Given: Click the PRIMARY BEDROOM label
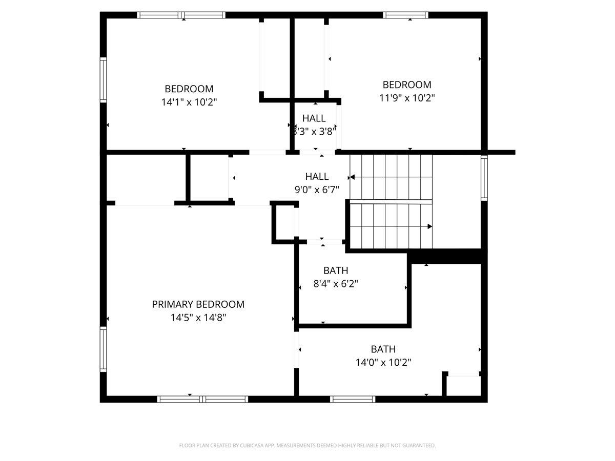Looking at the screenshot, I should [198, 304].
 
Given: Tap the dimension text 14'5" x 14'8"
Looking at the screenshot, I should [198, 318].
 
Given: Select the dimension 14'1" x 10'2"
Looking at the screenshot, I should [189, 102].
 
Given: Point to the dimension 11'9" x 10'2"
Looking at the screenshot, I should [407, 98].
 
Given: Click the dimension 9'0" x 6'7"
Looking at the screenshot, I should [317, 190].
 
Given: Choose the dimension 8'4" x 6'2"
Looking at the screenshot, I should [336, 283].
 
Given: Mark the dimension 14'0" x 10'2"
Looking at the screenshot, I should [383, 363].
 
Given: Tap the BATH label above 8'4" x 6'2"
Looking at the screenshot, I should [336, 270].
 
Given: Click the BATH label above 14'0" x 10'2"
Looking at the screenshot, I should [383, 349].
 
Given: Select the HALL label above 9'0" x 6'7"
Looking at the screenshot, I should [317, 177].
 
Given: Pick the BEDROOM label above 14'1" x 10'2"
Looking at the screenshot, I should [189, 89].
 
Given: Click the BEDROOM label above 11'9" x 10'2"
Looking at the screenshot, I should [407, 85].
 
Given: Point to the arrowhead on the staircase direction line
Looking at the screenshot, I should [429, 226].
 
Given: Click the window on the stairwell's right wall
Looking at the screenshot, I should [484, 177].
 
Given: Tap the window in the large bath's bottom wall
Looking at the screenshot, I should [353, 399].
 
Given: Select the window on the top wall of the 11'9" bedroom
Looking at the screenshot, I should [406, 15].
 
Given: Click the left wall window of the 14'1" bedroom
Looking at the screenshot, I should [104, 80].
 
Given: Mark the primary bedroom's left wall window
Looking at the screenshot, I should [104, 349].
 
